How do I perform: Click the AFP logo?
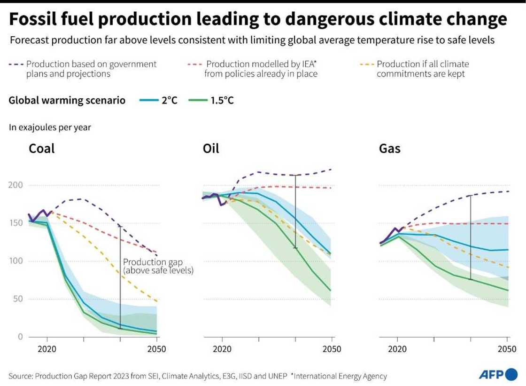497,375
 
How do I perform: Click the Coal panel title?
42,149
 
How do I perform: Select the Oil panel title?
211,149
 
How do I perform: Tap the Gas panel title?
389,149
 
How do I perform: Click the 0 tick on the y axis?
20,337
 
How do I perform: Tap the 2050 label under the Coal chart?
157,349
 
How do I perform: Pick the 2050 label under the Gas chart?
507,349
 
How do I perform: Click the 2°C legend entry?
159,100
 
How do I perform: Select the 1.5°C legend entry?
210,100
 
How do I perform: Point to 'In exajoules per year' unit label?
49,127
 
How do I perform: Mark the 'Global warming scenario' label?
67,100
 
